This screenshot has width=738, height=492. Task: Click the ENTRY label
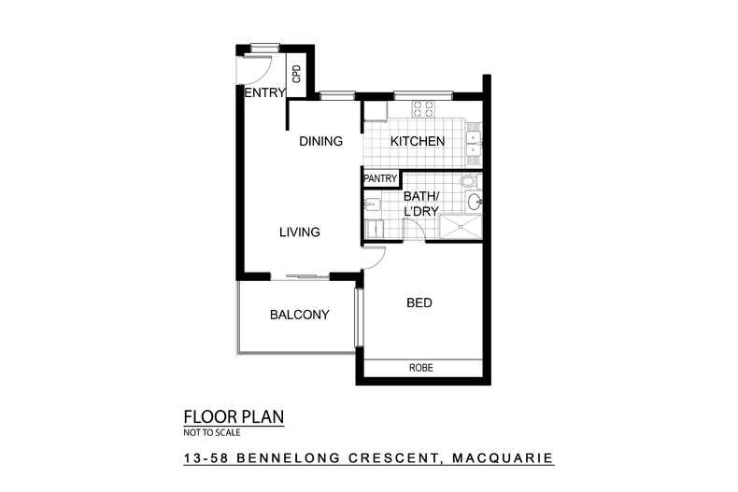coord(264,92)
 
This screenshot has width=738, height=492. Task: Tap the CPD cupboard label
coord(297,74)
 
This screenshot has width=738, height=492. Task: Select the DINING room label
coord(320,141)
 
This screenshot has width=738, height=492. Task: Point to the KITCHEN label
coord(417,141)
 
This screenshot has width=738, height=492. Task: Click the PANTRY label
coord(380,178)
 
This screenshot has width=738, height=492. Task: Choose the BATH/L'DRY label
coord(421,204)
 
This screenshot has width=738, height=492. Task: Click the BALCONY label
coord(299,315)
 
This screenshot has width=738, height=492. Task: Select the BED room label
coord(419,302)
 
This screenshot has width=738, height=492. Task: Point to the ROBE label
coord(421,368)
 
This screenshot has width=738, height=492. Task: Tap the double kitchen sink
coord(474,141)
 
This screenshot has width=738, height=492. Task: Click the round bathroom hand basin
coord(474,202)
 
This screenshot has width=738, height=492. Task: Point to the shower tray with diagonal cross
coord(459,228)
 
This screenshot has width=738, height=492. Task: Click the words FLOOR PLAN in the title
coord(233,416)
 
